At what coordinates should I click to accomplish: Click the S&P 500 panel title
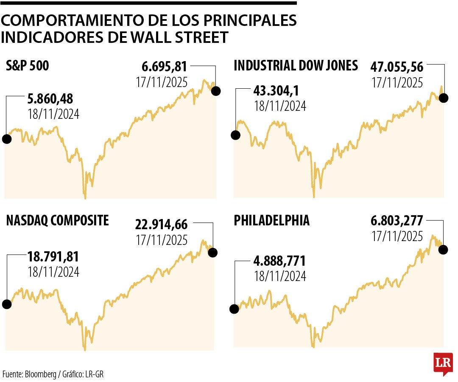(x=28, y=66)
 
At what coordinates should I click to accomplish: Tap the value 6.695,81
(x=164, y=67)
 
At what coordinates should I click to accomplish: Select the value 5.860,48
(x=50, y=99)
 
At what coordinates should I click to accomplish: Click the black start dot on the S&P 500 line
(x=6, y=139)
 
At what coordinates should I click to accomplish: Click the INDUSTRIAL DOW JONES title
(x=296, y=66)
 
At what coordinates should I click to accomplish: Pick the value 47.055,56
(x=397, y=67)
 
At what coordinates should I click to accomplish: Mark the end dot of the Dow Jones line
(x=444, y=98)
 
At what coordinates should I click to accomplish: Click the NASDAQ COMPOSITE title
(x=57, y=221)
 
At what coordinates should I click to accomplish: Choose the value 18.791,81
(x=53, y=257)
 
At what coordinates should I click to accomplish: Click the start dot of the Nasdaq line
(x=6, y=304)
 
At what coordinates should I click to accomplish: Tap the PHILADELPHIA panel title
(x=271, y=221)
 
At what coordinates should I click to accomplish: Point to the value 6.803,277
(x=397, y=222)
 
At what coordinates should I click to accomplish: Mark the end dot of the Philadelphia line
(x=444, y=249)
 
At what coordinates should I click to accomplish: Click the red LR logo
(x=443, y=363)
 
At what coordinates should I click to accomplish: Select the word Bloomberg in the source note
(x=40, y=374)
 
